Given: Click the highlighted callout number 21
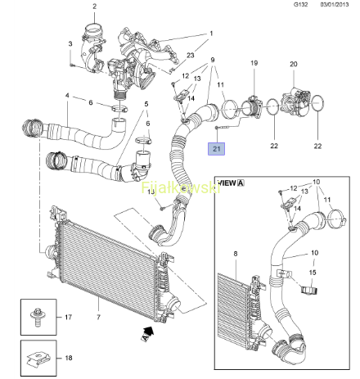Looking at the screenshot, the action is [x=216, y=149].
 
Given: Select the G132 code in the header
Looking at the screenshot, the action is [x=301, y=4].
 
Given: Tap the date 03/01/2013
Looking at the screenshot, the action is [x=335, y=4].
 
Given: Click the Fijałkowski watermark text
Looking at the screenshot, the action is [x=181, y=187].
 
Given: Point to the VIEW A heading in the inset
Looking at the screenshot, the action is [x=231, y=183].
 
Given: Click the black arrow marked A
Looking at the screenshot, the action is [x=147, y=334].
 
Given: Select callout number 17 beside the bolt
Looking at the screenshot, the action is [x=68, y=317].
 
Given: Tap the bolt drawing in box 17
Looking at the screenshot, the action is [x=37, y=317].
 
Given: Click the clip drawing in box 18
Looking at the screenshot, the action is [x=38, y=359].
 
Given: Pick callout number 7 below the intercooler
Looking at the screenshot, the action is [x=98, y=317].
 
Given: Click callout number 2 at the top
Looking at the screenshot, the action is [x=94, y=7].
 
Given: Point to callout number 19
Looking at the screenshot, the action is [x=254, y=63].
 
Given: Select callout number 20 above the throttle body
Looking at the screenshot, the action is [x=294, y=64].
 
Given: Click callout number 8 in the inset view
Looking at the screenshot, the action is [x=236, y=254].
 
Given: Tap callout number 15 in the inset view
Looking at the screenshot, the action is [x=313, y=273].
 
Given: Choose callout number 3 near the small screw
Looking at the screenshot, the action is [x=70, y=43].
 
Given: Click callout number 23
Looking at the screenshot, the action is [x=191, y=55].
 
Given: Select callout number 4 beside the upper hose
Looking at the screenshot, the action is [x=67, y=96].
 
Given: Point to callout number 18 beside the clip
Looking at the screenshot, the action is [x=69, y=358].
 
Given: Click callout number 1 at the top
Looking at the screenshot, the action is [x=211, y=34].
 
